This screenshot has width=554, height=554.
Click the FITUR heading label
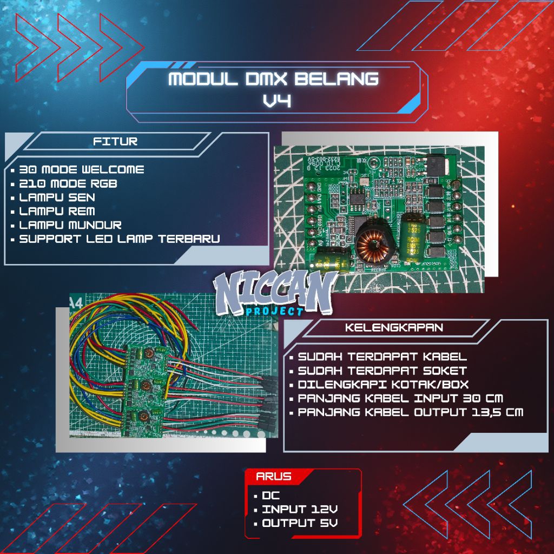pyautogui.click(x=115, y=142)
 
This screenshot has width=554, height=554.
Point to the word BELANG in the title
pyautogui.click(x=337, y=79)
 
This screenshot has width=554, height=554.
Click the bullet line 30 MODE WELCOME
pyautogui.click(x=81, y=169)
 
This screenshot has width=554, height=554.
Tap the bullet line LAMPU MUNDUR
pyautogui.click(x=70, y=225)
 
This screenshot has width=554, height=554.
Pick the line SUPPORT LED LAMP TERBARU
pyautogui.click(x=119, y=239)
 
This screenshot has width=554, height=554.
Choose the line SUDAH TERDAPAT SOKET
pyautogui.click(x=382, y=371)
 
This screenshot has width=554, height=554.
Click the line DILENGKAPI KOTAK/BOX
pyautogui.click(x=383, y=385)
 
